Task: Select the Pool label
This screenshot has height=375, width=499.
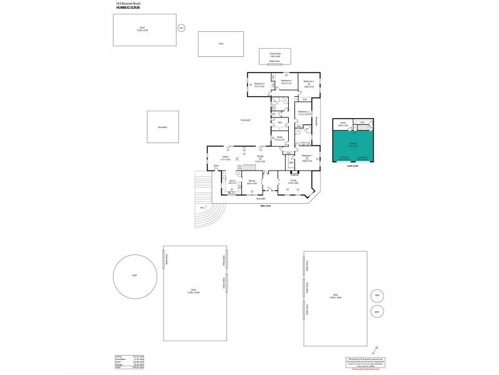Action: click(x=221, y=44)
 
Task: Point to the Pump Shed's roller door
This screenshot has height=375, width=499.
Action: click(x=274, y=61)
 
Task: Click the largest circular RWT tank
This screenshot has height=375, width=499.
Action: click(x=134, y=276)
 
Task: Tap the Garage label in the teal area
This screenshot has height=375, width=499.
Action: click(x=352, y=143)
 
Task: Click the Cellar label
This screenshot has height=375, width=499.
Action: click(x=362, y=122)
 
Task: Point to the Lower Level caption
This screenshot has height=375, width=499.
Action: click(x=352, y=166)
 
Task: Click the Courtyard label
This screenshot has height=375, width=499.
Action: click(x=245, y=119)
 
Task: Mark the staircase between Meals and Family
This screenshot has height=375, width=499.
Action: click(x=249, y=167)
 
